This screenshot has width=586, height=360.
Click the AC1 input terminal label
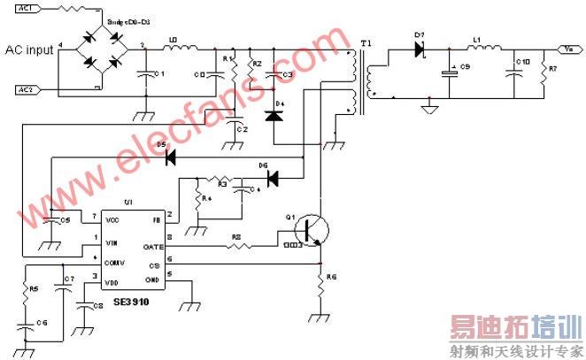click(x=26, y=8)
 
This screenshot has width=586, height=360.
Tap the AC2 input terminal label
click(x=26, y=90)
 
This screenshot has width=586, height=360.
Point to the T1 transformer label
click(x=366, y=42)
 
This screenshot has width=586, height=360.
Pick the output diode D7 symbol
click(x=420, y=50)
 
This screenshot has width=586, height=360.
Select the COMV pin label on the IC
click(x=114, y=263)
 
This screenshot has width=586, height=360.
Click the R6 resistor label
click(x=332, y=277)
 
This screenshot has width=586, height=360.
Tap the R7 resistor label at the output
click(x=553, y=68)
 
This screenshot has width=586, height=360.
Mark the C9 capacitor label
click(x=465, y=68)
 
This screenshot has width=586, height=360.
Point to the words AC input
click(x=29, y=50)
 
